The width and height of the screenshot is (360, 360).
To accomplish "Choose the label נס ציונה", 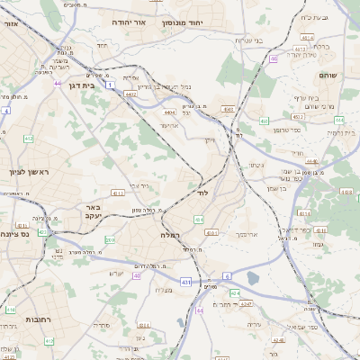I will [x=17, y=232].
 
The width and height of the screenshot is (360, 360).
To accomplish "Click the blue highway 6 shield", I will [x=228, y=275].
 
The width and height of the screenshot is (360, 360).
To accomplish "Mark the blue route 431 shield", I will [x=185, y=282].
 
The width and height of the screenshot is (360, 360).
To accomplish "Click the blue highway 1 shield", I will [x=110, y=85].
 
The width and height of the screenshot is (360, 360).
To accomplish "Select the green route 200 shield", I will [x=110, y=240].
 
